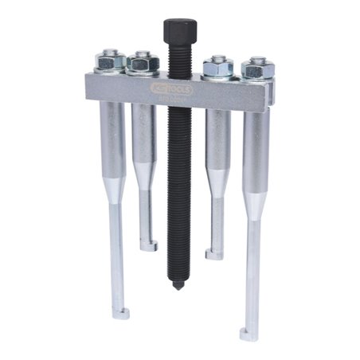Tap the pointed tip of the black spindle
point(176,286)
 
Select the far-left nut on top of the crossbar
point(110,61)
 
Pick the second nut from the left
point(143,61)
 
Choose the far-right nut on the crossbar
point(256,68)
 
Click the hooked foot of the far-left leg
point(119,311)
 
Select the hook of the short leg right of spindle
point(213,253)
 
